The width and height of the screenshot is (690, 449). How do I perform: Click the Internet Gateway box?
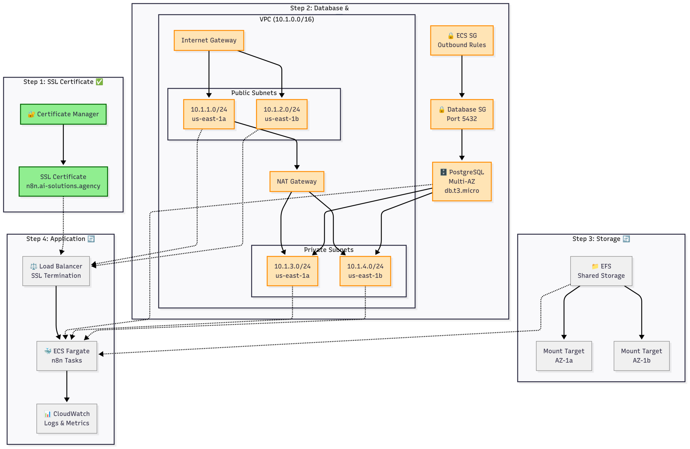pos(209,40)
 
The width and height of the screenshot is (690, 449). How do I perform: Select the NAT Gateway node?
pos(296,181)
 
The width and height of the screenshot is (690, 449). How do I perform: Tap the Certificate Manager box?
pos(63,114)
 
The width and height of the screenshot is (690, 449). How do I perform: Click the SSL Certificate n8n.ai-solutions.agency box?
pos(63,181)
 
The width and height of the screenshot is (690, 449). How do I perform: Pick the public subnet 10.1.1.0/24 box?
pos(209,114)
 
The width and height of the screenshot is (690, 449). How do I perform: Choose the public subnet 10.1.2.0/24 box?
pos(281,114)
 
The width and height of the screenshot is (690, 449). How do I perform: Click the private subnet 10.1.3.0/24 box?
pos(292,271)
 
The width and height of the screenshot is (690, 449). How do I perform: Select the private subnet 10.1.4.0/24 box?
pos(365,271)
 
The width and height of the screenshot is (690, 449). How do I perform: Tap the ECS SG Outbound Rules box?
pos(461,40)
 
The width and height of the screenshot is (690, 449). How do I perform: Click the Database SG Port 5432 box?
pos(461,114)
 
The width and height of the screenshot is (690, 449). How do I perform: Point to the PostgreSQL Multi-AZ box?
pos(461,181)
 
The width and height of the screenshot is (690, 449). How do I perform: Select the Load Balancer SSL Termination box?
pos(56,271)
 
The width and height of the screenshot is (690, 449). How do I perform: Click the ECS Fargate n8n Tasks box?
pos(67,356)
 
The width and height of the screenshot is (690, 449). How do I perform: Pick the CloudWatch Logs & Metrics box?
pos(67,418)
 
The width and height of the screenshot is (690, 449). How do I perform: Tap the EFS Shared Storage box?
pos(601,271)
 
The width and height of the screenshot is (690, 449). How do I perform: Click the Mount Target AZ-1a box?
pos(564,356)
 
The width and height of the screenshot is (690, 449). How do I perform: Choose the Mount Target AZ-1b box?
pos(641,356)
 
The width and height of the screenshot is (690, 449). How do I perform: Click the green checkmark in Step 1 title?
pos(99,82)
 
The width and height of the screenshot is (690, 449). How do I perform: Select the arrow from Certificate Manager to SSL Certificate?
pos(63,145)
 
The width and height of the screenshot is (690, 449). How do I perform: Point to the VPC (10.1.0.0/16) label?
pos(287,19)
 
